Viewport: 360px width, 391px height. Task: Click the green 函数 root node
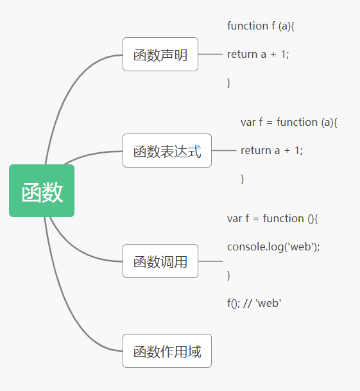(x=42, y=191)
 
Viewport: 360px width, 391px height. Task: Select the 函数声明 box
(x=160, y=55)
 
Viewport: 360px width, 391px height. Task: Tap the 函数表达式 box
(x=167, y=151)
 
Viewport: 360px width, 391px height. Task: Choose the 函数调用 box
(x=160, y=261)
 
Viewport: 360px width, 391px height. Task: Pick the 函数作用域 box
(x=167, y=351)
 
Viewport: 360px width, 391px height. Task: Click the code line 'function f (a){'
(x=261, y=26)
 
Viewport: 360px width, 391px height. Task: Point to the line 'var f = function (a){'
(x=289, y=122)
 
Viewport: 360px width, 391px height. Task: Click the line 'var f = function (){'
(x=272, y=219)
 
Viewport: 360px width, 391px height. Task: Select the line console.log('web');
(x=273, y=247)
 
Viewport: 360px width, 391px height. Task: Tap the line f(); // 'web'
(x=254, y=304)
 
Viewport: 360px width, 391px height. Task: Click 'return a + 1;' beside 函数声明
(x=258, y=55)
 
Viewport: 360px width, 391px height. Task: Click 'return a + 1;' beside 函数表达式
(x=271, y=151)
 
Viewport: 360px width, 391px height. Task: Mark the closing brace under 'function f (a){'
(x=228, y=83)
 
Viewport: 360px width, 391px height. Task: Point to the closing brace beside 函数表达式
(x=242, y=179)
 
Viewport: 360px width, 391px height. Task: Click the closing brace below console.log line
(x=228, y=275)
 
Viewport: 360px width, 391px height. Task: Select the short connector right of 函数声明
(x=210, y=54)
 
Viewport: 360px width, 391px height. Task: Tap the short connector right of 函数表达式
(x=223, y=151)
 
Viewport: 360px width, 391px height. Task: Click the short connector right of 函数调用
(x=210, y=261)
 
